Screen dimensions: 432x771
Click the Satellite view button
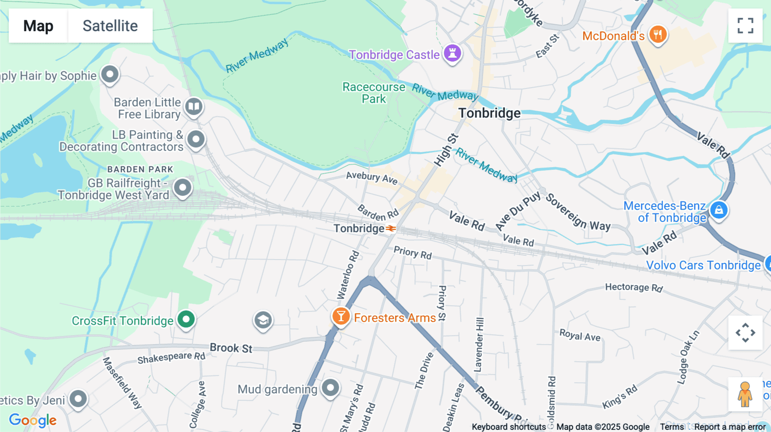[x=110, y=26]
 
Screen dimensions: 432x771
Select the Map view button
[x=38, y=26]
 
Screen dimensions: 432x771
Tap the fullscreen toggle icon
[x=745, y=26]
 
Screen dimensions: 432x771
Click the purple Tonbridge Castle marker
[x=452, y=53]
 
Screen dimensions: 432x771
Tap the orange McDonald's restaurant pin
[x=657, y=34]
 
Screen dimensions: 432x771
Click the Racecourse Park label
[x=374, y=93]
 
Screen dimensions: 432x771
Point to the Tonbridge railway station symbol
[x=391, y=228]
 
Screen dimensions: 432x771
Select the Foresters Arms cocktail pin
[x=341, y=317]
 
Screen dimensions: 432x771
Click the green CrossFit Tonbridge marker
[x=186, y=319]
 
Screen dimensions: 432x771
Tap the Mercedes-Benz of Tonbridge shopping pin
[x=719, y=210]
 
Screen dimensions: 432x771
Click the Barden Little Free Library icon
[x=194, y=106]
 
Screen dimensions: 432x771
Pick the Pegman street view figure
[x=745, y=394]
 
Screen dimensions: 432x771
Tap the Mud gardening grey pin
[x=330, y=388]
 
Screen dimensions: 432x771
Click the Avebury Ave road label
[x=372, y=178]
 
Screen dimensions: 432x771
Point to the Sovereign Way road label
[x=578, y=212]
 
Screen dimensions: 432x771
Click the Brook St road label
[x=231, y=348]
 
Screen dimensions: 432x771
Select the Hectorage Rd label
[x=634, y=287]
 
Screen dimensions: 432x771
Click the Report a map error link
[x=730, y=427]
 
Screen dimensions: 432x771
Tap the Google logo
[x=33, y=420]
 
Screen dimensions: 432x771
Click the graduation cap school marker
[x=263, y=320]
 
